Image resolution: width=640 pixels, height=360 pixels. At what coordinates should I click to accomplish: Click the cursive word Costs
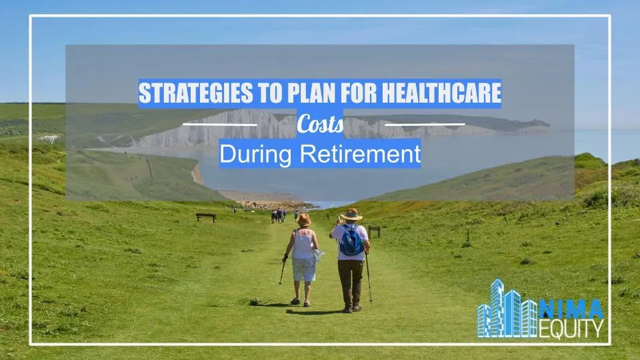click(320, 125)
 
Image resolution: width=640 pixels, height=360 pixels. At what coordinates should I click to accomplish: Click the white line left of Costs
click(219, 125)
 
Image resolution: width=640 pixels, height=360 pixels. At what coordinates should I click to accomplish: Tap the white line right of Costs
click(425, 125)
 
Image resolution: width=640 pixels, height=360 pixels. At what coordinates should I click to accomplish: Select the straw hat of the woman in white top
click(304, 219)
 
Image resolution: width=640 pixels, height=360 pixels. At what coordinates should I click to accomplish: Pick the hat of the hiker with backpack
click(351, 214)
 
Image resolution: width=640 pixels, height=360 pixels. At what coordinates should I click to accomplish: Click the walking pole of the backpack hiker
click(368, 277)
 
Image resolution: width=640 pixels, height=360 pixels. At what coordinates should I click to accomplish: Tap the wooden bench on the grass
click(206, 217)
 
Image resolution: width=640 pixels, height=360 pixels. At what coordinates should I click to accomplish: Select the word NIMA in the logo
click(571, 309)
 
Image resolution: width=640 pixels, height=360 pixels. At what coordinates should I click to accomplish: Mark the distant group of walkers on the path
click(279, 215)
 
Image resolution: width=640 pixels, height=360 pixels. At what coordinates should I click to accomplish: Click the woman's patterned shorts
click(304, 269)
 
